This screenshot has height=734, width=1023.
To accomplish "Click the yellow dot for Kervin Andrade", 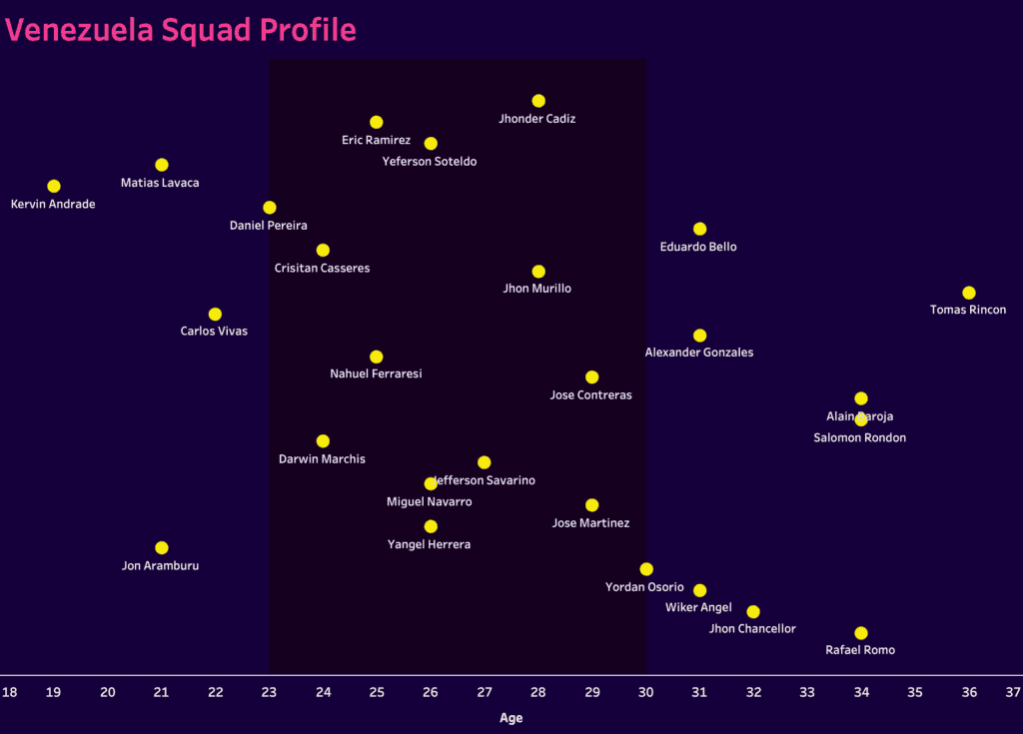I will coord(54,187).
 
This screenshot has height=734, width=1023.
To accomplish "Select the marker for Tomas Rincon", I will coord(968,293).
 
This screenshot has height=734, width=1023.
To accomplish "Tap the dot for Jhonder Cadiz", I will coord(538,101).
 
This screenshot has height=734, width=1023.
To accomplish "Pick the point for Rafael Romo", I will coord(861,633).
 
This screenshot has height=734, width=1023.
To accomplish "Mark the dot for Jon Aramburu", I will coord(162,548).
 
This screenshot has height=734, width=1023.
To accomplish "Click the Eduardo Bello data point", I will coord(699,229).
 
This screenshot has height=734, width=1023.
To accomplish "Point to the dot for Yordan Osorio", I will coord(646,569).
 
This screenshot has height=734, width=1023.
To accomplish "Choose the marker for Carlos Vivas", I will coord(215,315).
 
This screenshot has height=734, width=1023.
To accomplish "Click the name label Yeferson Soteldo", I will coord(430,162).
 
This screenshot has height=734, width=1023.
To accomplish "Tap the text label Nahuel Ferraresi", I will coord(376,374).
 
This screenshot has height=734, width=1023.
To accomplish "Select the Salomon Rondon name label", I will coord(859,438).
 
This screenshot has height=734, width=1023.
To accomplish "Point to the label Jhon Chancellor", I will coord(752,629).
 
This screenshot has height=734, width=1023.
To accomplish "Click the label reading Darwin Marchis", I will coord(322,459).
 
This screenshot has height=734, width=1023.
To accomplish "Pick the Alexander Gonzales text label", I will coord(699,353).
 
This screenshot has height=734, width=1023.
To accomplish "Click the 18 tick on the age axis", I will coord(9,691).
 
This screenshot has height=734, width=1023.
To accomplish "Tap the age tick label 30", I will coord(646,691).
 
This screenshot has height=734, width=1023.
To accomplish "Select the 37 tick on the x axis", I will coord(1013,691).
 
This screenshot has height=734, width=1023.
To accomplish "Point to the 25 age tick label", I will coord(377,691).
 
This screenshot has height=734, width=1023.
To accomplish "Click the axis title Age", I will coord(511,717).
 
